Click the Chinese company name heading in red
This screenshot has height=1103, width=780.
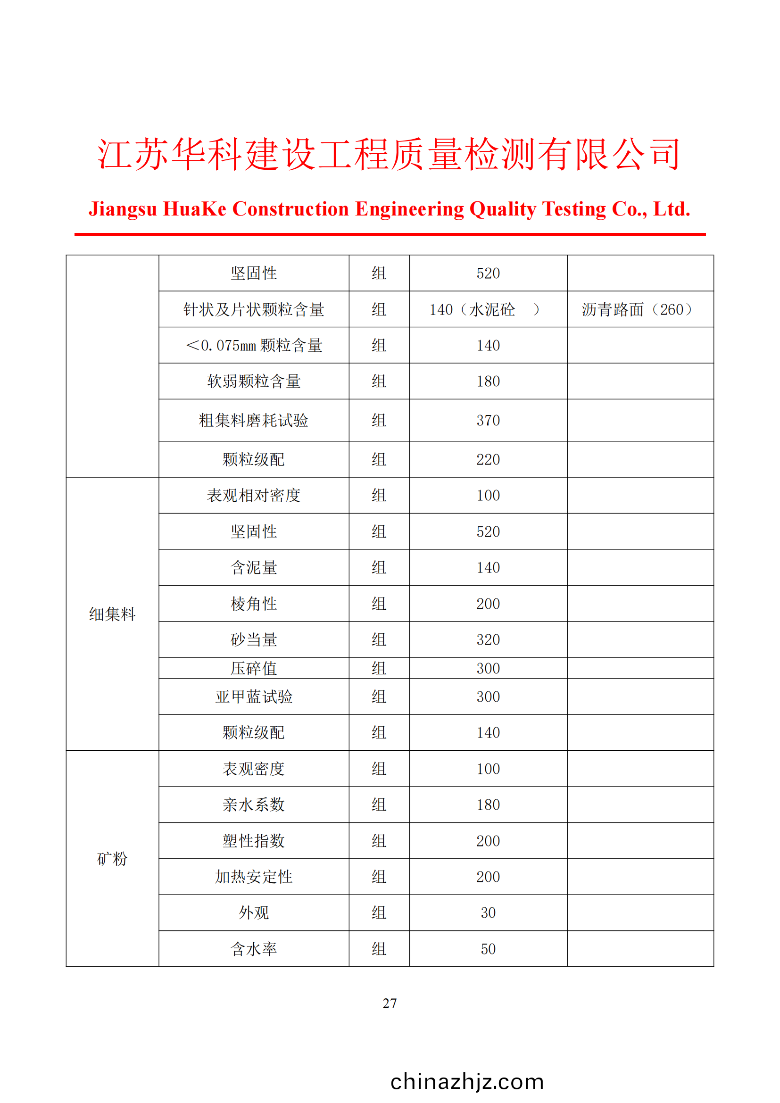coord(389,154)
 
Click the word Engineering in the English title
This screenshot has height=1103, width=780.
coord(409,209)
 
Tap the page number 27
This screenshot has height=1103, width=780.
coord(390,1003)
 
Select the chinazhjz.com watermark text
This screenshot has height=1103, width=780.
coord(467,1082)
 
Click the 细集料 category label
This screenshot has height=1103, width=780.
coord(112,614)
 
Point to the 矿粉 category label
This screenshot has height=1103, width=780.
coord(112,858)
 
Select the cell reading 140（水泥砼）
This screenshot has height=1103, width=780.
coord(485,309)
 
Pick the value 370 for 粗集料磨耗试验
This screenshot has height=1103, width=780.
coord(488,420)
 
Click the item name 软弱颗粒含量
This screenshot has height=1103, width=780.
coord(254,381)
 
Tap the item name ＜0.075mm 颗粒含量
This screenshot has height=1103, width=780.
coord(254,345)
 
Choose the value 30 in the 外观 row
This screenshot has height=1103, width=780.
coord(488,913)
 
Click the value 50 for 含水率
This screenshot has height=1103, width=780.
coord(488,949)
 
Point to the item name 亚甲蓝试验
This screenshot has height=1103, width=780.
coord(254,697)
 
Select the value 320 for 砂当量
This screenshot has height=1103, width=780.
coord(488,639)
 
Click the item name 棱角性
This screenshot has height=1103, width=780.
coord(254,604)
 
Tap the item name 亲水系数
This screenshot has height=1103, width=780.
coord(254,804)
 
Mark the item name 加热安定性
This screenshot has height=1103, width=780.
coord(254,877)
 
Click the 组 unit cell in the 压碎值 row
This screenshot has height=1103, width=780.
coord(379,668)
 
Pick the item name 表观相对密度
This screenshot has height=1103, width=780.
coord(254,495)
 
